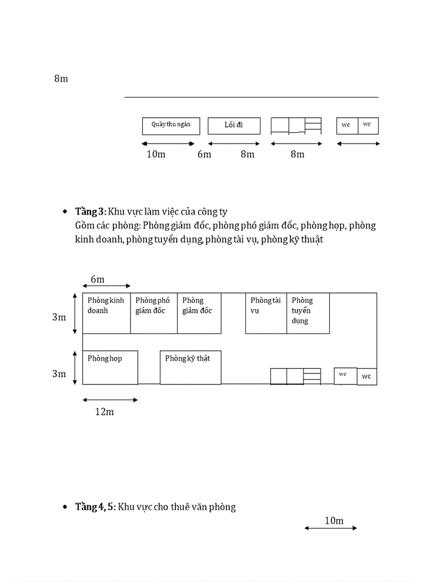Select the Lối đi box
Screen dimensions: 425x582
[234, 125]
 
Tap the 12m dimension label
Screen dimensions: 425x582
[104, 412]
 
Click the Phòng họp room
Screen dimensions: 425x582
[110, 367]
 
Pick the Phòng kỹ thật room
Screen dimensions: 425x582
[191, 367]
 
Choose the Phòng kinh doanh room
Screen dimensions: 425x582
[106, 313]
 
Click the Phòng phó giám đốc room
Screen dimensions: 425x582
[154, 313]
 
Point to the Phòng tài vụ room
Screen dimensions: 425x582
[266, 313]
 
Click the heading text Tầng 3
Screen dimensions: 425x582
[90, 212]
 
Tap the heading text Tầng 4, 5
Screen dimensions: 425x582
[95, 507]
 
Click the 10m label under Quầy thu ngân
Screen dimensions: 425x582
[156, 154]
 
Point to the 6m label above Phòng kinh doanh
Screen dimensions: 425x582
[97, 279]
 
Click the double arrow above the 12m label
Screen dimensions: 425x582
[110, 400]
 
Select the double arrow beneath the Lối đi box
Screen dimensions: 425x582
[234, 144]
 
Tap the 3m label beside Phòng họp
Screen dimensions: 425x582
[59, 374]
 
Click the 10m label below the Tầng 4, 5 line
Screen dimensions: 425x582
[334, 521]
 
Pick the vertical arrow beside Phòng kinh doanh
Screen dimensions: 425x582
[75, 313]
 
